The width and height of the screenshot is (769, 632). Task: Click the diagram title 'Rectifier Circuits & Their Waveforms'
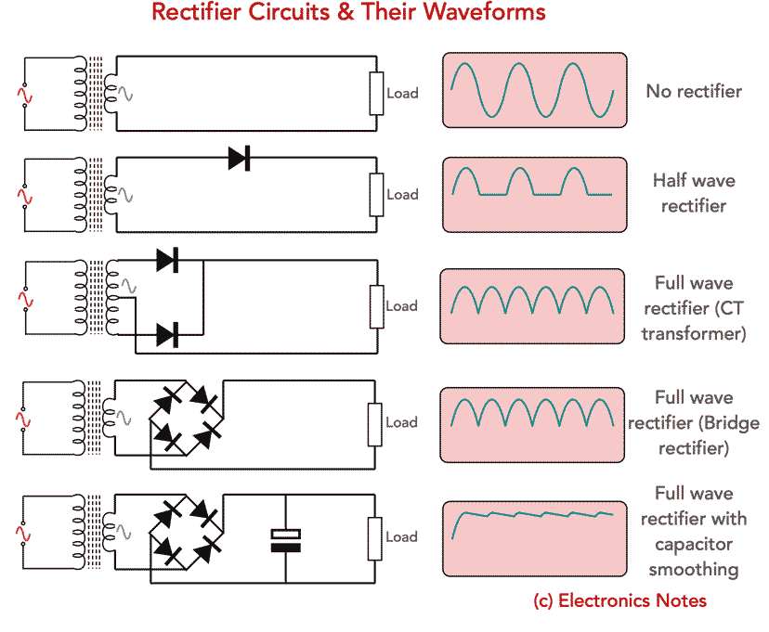tap(348, 13)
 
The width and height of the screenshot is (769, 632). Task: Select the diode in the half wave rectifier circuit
tap(239, 158)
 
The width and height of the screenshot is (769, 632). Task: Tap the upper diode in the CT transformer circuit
tap(167, 260)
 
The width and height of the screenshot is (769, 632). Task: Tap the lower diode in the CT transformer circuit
tap(167, 334)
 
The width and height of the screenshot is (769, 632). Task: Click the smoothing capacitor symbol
tap(285, 539)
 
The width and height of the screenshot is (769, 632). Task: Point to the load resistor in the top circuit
tap(376, 93)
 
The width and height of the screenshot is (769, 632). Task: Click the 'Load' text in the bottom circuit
tap(402, 536)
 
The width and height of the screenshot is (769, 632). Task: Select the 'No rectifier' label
tap(694, 91)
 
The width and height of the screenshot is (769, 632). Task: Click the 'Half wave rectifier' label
tap(694, 193)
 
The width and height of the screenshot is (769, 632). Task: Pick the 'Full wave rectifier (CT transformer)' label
tap(694, 308)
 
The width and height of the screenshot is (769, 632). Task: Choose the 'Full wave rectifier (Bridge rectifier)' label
tap(694, 422)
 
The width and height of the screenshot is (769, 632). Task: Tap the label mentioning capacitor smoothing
tap(694, 531)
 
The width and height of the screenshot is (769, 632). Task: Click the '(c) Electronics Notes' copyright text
tap(619, 600)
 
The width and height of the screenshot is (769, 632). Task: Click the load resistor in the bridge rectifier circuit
tap(376, 422)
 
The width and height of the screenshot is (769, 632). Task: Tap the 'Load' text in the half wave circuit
tap(402, 195)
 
